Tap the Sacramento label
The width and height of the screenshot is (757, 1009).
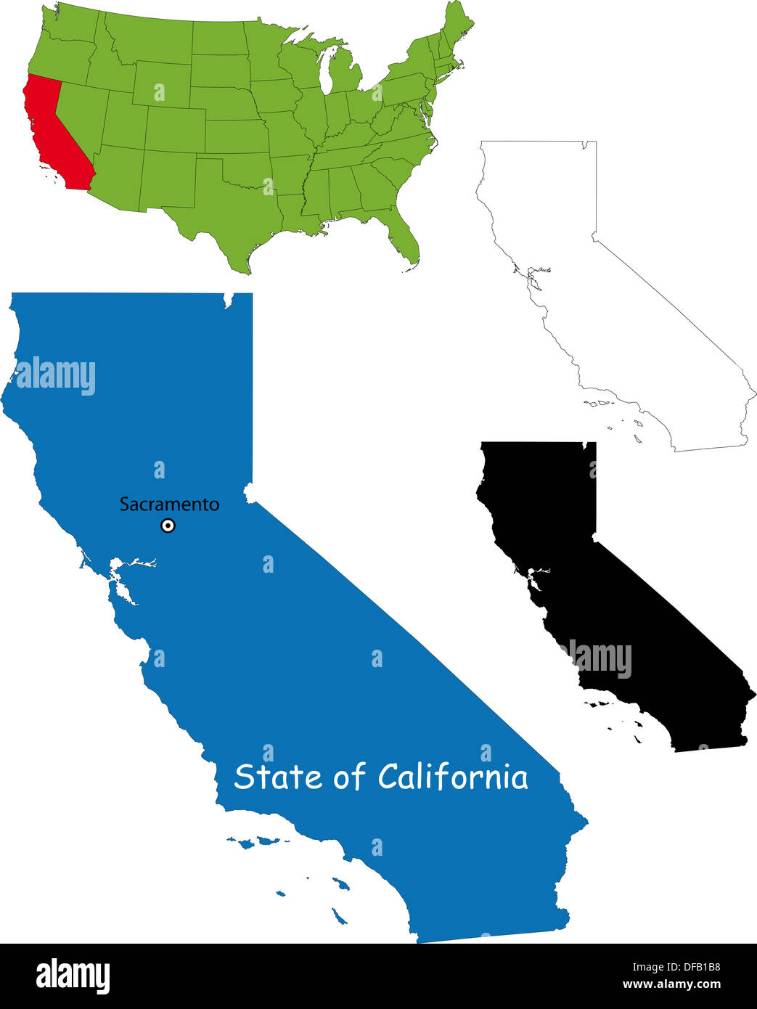tap(169, 504)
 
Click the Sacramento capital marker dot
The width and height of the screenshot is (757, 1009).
tap(168, 526)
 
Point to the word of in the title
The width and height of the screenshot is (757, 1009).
tap(349, 777)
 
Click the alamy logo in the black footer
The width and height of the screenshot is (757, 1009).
tap(73, 976)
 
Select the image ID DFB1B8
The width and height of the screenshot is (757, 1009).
tap(694, 967)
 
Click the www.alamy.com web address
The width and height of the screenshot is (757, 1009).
tap(671, 985)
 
